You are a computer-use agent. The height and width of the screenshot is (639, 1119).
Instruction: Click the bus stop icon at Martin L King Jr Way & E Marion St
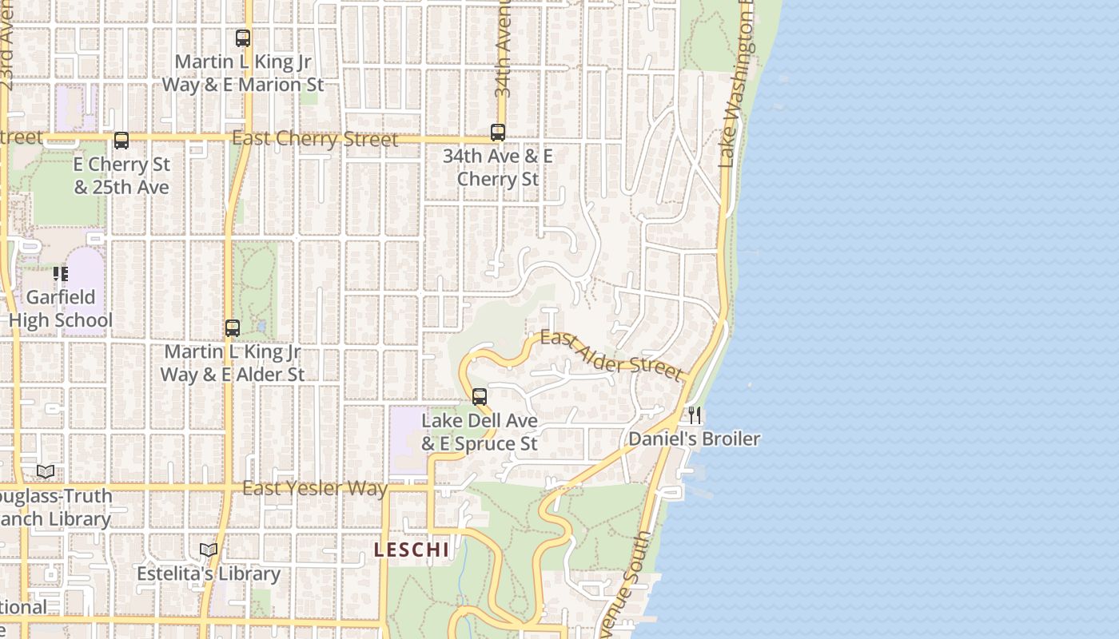click(242, 38)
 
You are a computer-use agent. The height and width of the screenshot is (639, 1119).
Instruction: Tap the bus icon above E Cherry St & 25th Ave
click(121, 141)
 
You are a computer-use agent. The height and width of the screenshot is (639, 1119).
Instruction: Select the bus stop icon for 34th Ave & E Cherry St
click(498, 133)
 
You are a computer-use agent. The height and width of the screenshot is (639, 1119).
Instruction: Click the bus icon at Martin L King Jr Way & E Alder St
click(233, 327)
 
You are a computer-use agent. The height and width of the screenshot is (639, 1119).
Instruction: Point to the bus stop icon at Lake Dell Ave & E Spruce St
click(480, 396)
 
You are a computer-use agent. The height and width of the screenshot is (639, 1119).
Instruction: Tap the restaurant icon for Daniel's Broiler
click(695, 415)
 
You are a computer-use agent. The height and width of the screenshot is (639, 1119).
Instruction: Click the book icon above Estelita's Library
click(209, 550)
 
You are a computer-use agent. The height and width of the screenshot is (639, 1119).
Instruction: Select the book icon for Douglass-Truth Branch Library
click(46, 472)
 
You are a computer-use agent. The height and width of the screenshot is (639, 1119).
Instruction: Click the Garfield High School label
click(61, 309)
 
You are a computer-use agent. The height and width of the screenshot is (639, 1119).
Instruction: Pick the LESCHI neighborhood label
click(412, 550)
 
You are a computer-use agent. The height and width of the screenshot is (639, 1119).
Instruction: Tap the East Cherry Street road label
click(315, 139)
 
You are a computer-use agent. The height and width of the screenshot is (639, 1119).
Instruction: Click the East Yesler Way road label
click(315, 488)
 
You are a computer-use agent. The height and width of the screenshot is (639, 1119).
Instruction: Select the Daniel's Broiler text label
click(694, 439)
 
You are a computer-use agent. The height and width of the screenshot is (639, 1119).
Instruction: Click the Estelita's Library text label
click(209, 574)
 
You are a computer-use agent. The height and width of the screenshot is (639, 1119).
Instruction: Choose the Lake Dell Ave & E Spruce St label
click(480, 431)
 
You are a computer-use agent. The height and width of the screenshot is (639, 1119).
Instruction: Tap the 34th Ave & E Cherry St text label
click(498, 167)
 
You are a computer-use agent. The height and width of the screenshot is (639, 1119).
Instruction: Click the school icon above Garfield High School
click(61, 274)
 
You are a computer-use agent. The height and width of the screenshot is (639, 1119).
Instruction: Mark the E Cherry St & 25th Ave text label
click(121, 176)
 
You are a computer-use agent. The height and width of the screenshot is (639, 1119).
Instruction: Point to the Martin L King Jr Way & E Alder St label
click(233, 363)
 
